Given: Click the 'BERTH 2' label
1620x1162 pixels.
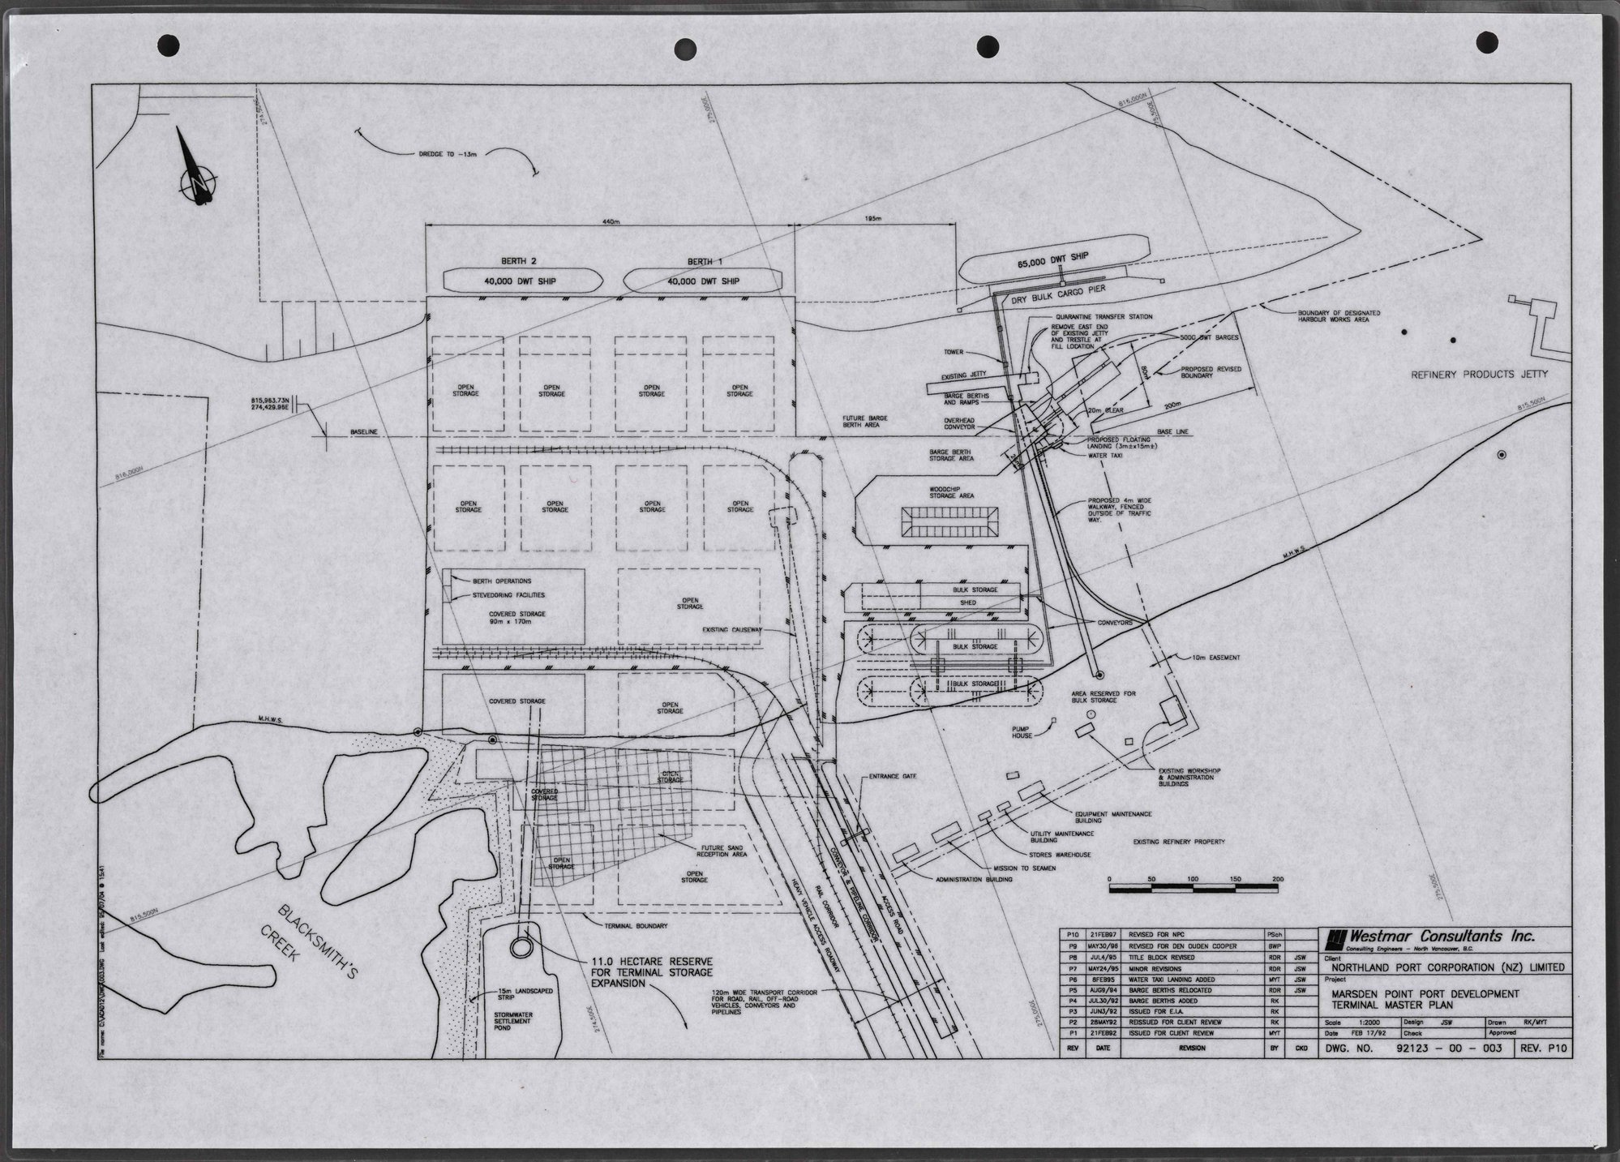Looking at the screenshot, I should point(521,261).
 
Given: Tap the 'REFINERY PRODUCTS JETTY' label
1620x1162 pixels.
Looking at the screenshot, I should point(1480,375).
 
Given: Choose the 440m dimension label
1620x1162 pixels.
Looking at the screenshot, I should point(610,221).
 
